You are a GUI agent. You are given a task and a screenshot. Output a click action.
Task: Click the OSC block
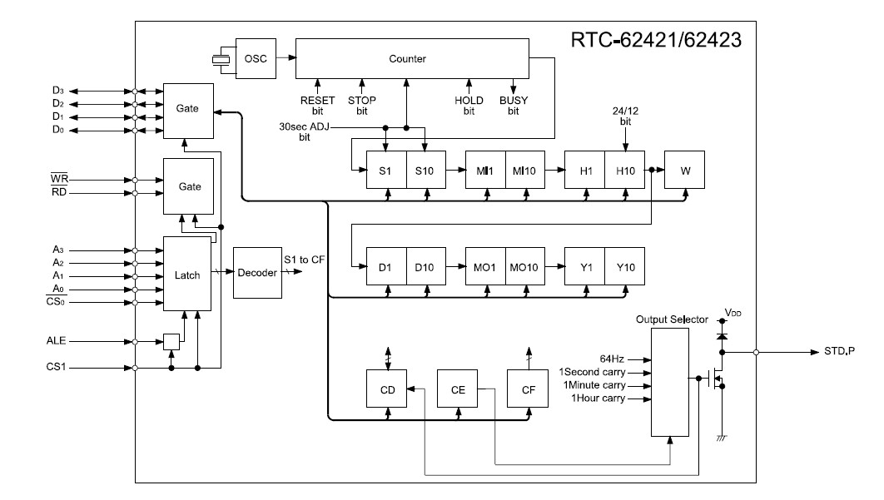(254, 58)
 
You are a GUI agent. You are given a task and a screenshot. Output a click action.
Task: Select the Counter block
(412, 58)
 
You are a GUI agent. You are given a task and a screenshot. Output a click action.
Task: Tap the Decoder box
(257, 273)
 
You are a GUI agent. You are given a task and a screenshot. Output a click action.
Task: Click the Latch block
(188, 274)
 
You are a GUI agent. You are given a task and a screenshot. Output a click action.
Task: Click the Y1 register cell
(584, 267)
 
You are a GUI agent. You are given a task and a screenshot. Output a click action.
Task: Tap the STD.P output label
(837, 352)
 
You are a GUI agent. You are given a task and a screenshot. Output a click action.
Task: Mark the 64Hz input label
(613, 359)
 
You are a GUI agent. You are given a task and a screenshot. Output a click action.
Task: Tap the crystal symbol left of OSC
(220, 58)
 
